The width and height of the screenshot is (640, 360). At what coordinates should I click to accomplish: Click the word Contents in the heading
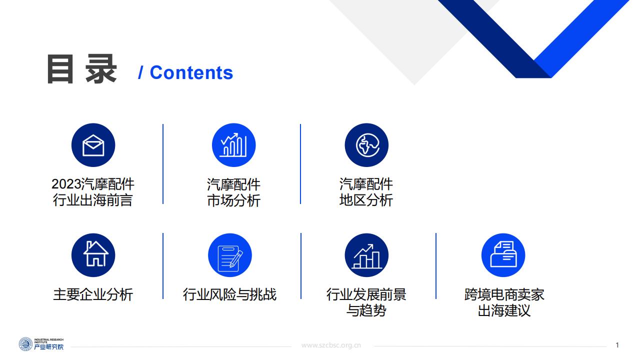pyautogui.click(x=191, y=72)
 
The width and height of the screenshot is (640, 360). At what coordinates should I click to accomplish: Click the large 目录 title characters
pyautogui.click(x=82, y=69)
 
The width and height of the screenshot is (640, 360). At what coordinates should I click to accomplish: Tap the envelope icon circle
pyautogui.click(x=93, y=145)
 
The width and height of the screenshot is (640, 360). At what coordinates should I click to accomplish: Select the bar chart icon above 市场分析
pyautogui.click(x=233, y=145)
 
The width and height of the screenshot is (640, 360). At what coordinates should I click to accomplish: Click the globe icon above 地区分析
pyautogui.click(x=366, y=145)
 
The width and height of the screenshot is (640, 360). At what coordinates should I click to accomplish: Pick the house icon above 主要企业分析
pyautogui.click(x=93, y=255)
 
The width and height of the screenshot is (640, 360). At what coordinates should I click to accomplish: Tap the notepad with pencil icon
pyautogui.click(x=229, y=255)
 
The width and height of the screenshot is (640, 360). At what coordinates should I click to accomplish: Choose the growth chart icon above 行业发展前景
pyautogui.click(x=366, y=255)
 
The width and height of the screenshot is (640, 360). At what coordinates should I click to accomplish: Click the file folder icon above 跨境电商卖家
pyautogui.click(x=503, y=255)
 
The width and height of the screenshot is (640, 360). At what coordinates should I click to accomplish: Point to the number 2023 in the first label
pyautogui.click(x=66, y=184)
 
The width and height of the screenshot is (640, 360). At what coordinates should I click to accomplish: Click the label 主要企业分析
pyautogui.click(x=93, y=294)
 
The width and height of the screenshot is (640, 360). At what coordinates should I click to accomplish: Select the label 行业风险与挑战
pyautogui.click(x=229, y=294)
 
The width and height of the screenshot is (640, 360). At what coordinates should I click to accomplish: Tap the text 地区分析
pyautogui.click(x=366, y=200)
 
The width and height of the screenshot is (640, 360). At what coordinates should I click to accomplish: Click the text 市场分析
pyautogui.click(x=233, y=200)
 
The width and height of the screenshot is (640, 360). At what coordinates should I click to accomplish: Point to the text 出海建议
pyautogui.click(x=504, y=310)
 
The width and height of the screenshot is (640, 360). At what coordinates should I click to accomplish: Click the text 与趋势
pyautogui.click(x=366, y=310)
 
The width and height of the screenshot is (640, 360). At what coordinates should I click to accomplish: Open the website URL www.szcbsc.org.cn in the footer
pyautogui.click(x=331, y=345)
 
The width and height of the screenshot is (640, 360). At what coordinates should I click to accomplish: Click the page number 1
pyautogui.click(x=617, y=345)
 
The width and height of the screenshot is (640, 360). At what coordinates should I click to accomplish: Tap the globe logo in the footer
pyautogui.click(x=25, y=344)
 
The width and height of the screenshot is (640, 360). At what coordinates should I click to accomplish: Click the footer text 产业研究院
pyautogui.click(x=49, y=347)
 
